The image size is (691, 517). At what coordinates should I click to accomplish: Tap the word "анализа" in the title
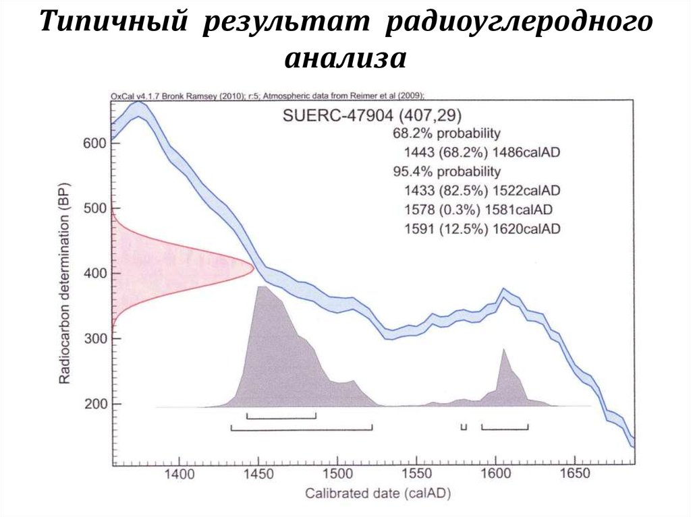tap(345, 58)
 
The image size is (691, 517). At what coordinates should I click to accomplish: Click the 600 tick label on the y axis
tap(94, 143)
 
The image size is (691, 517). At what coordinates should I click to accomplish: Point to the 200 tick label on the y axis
tap(94, 404)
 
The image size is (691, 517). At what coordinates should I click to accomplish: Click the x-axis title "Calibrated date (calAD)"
tap(378, 493)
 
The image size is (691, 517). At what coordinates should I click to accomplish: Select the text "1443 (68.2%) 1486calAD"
tap(481, 152)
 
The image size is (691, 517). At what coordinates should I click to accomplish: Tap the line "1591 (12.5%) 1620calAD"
tap(481, 229)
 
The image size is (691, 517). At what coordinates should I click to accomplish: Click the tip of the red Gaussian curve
tap(252, 268)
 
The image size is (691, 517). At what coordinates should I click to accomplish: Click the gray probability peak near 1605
tap(503, 351)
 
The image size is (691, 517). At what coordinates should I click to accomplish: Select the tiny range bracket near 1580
tap(464, 427)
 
